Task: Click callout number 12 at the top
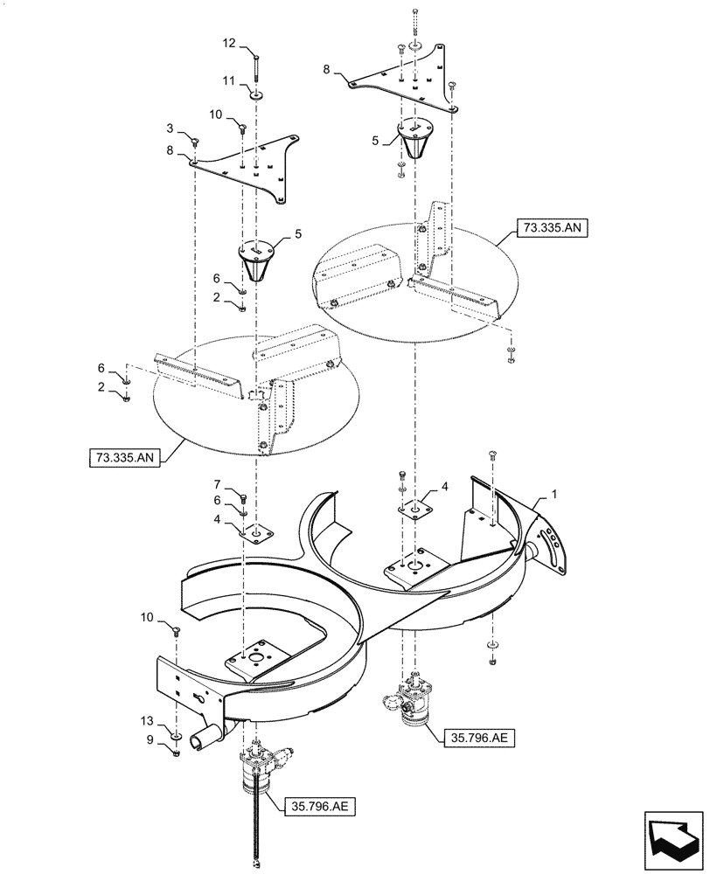click(x=228, y=43)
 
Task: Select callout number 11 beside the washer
click(x=228, y=80)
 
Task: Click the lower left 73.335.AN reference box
click(x=124, y=457)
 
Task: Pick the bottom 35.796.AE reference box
click(x=317, y=804)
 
